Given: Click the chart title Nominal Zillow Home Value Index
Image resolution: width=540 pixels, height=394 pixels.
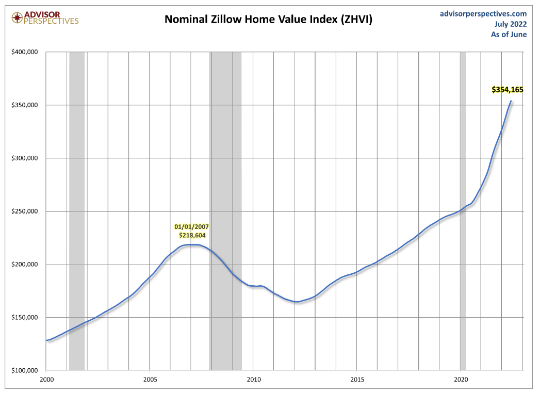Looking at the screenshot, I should click(x=268, y=20).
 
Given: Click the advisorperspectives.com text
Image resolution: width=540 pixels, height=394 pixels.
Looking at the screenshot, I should click(x=483, y=13).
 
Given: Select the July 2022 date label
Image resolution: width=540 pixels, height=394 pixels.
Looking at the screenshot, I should click(x=510, y=24).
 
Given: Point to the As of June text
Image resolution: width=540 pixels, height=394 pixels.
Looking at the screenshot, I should click(x=509, y=34).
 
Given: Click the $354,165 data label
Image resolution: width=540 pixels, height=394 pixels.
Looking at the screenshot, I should click(x=507, y=90).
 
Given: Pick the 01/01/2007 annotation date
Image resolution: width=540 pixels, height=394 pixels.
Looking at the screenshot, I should click(x=191, y=226).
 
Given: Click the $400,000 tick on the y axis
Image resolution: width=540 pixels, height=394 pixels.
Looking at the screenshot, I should click(x=25, y=52).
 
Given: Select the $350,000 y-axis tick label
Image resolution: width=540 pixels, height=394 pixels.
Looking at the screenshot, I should click(x=25, y=105).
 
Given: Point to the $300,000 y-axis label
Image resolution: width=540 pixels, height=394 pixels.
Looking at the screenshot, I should click(x=25, y=158).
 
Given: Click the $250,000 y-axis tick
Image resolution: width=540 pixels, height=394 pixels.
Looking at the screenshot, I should click(x=25, y=211).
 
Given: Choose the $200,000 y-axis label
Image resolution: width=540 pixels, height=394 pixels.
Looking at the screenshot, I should click(x=25, y=265).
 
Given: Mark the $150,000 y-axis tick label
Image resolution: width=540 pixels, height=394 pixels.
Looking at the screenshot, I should click(x=25, y=318).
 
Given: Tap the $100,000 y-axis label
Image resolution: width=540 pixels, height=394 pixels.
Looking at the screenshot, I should click(x=25, y=371).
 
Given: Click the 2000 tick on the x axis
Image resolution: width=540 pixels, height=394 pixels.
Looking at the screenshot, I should click(x=46, y=380).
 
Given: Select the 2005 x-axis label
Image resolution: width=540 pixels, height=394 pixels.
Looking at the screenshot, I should click(x=150, y=380).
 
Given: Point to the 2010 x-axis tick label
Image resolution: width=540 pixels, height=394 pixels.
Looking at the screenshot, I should click(x=253, y=380).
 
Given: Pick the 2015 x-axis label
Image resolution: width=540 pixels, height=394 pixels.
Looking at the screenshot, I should click(x=357, y=380).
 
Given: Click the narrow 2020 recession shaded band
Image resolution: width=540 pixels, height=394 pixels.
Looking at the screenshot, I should click(x=463, y=206).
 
